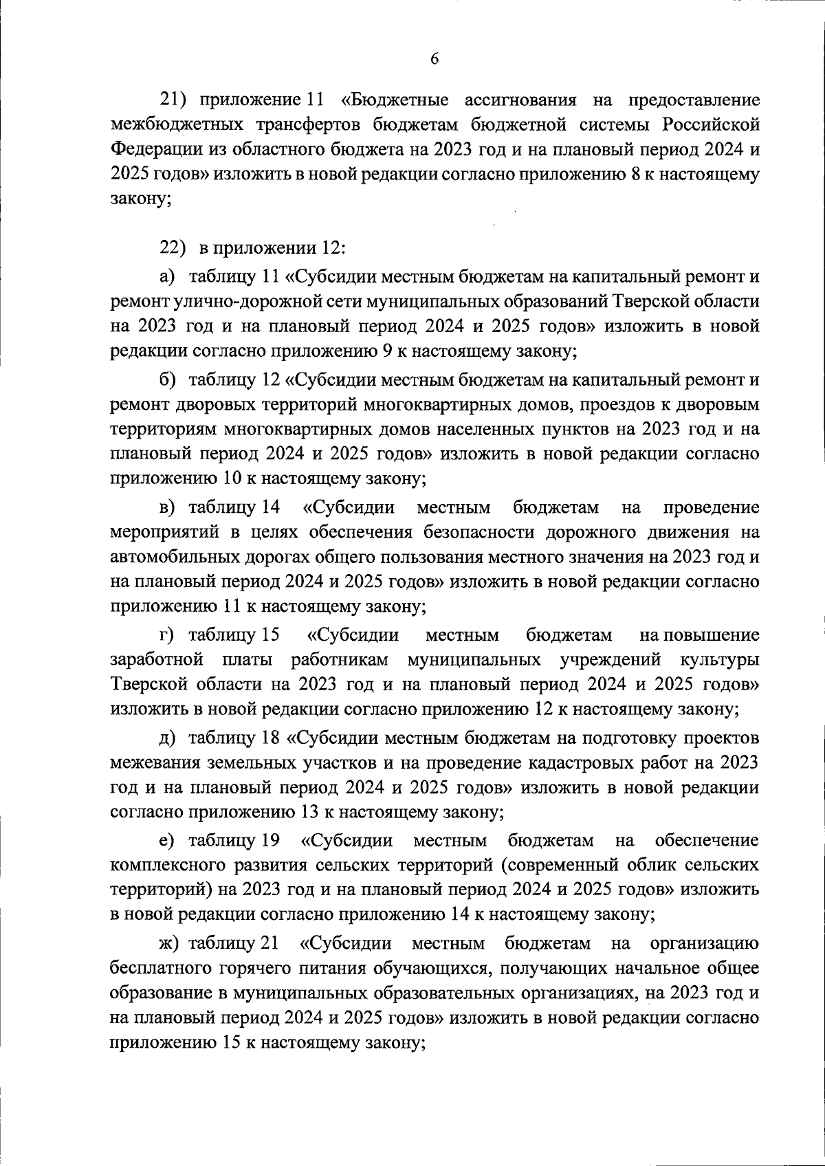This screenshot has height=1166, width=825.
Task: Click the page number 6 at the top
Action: [434, 59]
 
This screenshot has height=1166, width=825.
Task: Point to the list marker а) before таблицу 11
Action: [168, 277]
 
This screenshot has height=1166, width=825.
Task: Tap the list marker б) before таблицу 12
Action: [168, 379]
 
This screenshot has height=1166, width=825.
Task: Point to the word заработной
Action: [156, 660]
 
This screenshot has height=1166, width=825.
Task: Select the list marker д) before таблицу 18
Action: [168, 738]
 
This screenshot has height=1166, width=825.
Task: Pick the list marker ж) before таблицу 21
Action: [170, 943]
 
